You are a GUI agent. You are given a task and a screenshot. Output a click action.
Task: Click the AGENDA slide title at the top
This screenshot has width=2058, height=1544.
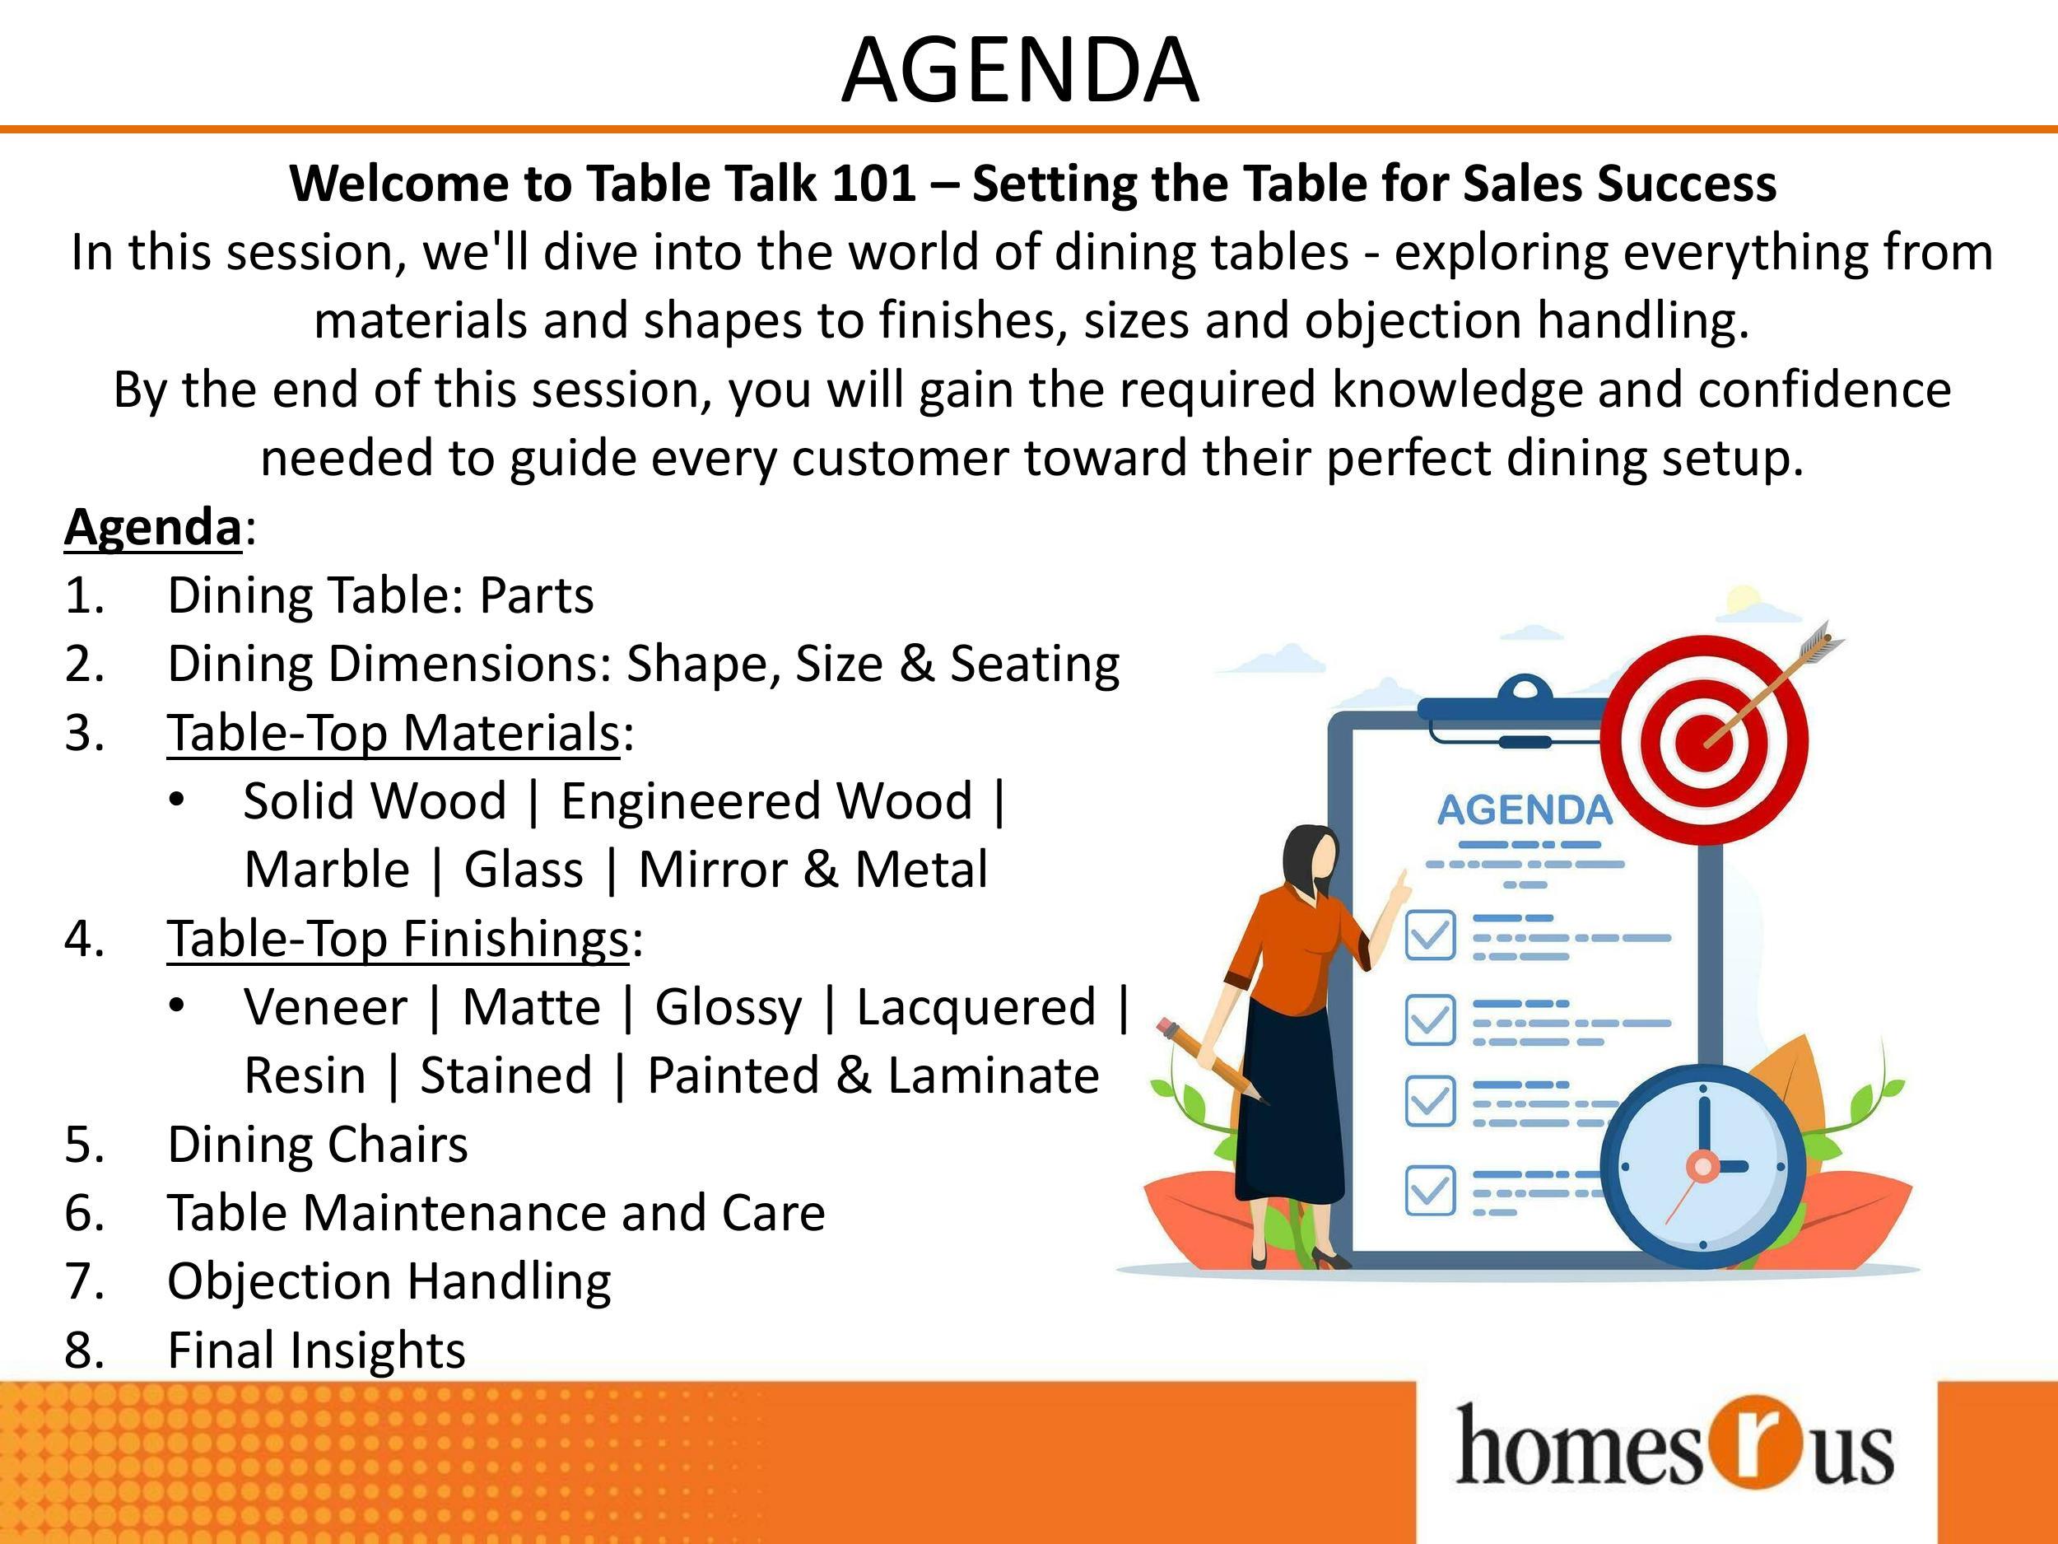click(1020, 70)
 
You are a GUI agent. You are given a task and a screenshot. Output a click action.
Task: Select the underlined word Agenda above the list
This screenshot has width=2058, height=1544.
click(153, 528)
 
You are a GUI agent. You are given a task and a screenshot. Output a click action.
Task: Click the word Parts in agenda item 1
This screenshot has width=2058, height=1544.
click(536, 595)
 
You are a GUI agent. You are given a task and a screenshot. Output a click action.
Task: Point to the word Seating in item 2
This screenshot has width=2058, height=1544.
click(1034, 665)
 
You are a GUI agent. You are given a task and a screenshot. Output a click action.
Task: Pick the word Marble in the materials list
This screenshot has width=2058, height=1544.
click(327, 870)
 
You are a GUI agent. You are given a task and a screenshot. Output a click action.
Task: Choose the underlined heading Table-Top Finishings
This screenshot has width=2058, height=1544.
click(398, 938)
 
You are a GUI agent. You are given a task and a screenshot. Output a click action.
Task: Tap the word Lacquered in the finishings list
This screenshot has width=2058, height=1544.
click(976, 1007)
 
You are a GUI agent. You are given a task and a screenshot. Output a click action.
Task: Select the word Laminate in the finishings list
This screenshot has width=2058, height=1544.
click(994, 1076)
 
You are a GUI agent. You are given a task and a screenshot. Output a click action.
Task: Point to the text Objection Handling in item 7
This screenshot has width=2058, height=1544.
click(389, 1282)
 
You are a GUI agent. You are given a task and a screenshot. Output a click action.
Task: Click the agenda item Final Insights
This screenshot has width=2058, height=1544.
click(316, 1350)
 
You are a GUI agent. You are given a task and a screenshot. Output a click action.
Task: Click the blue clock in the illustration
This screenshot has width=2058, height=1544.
click(1702, 1167)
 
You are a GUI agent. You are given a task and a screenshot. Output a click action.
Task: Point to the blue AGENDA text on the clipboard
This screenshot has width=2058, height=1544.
click(1524, 810)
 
